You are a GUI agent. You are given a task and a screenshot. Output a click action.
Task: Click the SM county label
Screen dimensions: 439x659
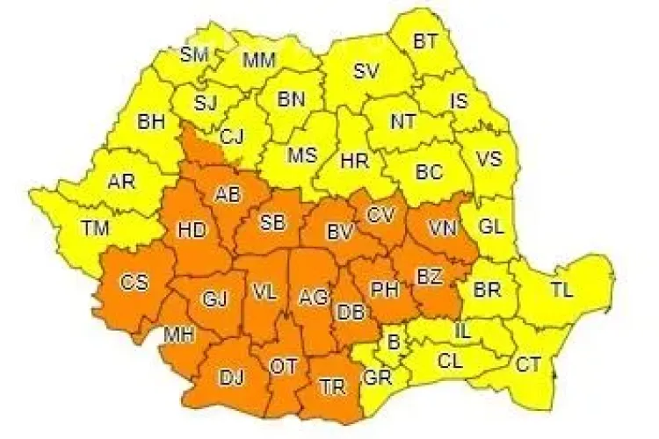click(194, 54)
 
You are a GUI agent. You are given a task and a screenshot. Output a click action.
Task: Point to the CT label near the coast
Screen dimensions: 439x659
click(527, 363)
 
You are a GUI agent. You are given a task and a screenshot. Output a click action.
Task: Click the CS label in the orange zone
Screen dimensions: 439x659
click(134, 282)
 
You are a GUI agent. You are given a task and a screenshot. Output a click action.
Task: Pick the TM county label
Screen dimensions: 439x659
click(95, 228)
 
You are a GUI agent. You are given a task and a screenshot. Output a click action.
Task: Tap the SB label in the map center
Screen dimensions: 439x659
click(272, 223)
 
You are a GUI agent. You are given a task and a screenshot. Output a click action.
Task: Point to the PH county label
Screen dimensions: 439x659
click(384, 287)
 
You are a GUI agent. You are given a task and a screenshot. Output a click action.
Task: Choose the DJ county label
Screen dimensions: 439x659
click(231, 378)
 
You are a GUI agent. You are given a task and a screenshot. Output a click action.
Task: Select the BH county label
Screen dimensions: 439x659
click(151, 122)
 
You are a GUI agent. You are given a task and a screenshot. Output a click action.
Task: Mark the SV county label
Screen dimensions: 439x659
click(366, 72)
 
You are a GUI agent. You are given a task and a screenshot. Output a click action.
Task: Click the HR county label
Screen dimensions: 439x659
click(355, 162)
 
